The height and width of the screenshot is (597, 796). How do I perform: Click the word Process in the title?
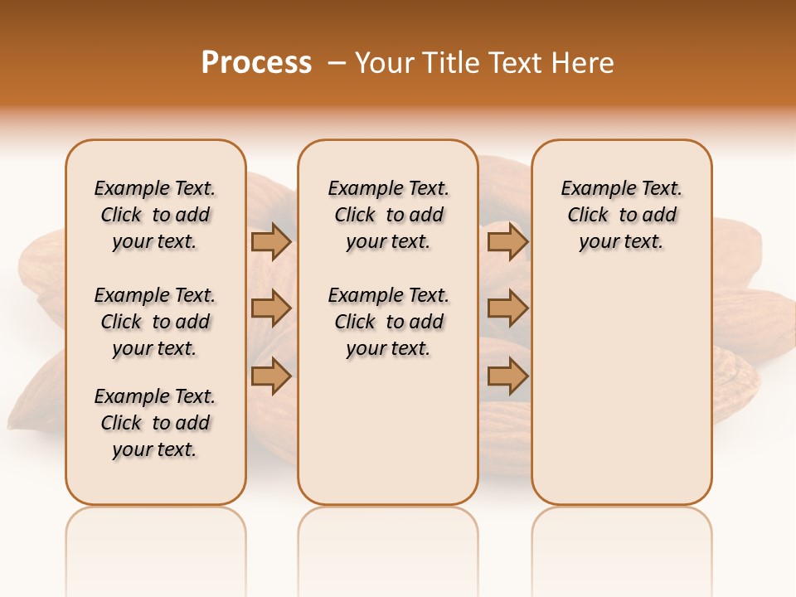point(256,63)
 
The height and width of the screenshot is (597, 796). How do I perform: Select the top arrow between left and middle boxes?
point(271,242)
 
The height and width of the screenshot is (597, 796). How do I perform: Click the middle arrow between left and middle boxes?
point(271,308)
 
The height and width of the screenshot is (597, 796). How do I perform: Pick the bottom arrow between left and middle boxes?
point(271,376)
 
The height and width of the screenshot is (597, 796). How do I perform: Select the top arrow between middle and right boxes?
point(507,242)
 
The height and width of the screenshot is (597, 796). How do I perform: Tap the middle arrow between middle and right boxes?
point(507,308)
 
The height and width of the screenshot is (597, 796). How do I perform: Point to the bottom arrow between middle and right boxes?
point(507,376)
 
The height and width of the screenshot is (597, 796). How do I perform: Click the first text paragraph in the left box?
point(155,215)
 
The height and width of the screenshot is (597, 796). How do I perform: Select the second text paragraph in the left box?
point(155,322)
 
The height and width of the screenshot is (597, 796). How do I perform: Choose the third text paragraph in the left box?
point(155,423)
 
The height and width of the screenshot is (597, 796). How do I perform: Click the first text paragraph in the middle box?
point(388,215)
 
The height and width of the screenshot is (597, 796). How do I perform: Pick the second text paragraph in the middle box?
point(388,322)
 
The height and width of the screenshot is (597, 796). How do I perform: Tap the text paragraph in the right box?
point(621,215)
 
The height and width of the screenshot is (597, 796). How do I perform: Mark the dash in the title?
point(337,63)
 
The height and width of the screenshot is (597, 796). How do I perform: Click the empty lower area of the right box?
point(621,390)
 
